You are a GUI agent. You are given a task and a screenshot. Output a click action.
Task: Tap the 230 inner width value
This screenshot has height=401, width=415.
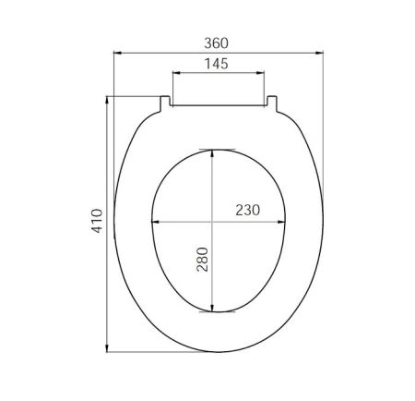click(x=246, y=210)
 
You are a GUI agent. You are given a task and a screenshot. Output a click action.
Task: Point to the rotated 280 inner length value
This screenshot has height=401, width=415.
click(x=202, y=260)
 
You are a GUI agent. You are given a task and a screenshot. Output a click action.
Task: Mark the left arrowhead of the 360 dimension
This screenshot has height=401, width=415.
click(x=116, y=54)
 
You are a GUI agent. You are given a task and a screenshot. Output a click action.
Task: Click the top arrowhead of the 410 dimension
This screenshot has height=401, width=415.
click(x=109, y=98)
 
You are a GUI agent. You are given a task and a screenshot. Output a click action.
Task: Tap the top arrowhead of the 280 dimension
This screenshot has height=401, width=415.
click(x=214, y=152)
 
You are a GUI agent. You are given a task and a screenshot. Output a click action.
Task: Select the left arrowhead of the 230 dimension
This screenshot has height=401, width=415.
click(x=152, y=222)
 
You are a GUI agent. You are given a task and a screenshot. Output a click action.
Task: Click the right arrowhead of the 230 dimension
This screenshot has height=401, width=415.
click(x=285, y=222)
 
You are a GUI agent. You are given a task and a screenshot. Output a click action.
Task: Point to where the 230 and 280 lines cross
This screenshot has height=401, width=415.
click(x=214, y=222)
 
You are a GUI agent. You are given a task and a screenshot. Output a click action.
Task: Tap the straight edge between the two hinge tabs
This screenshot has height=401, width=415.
click(x=219, y=104)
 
